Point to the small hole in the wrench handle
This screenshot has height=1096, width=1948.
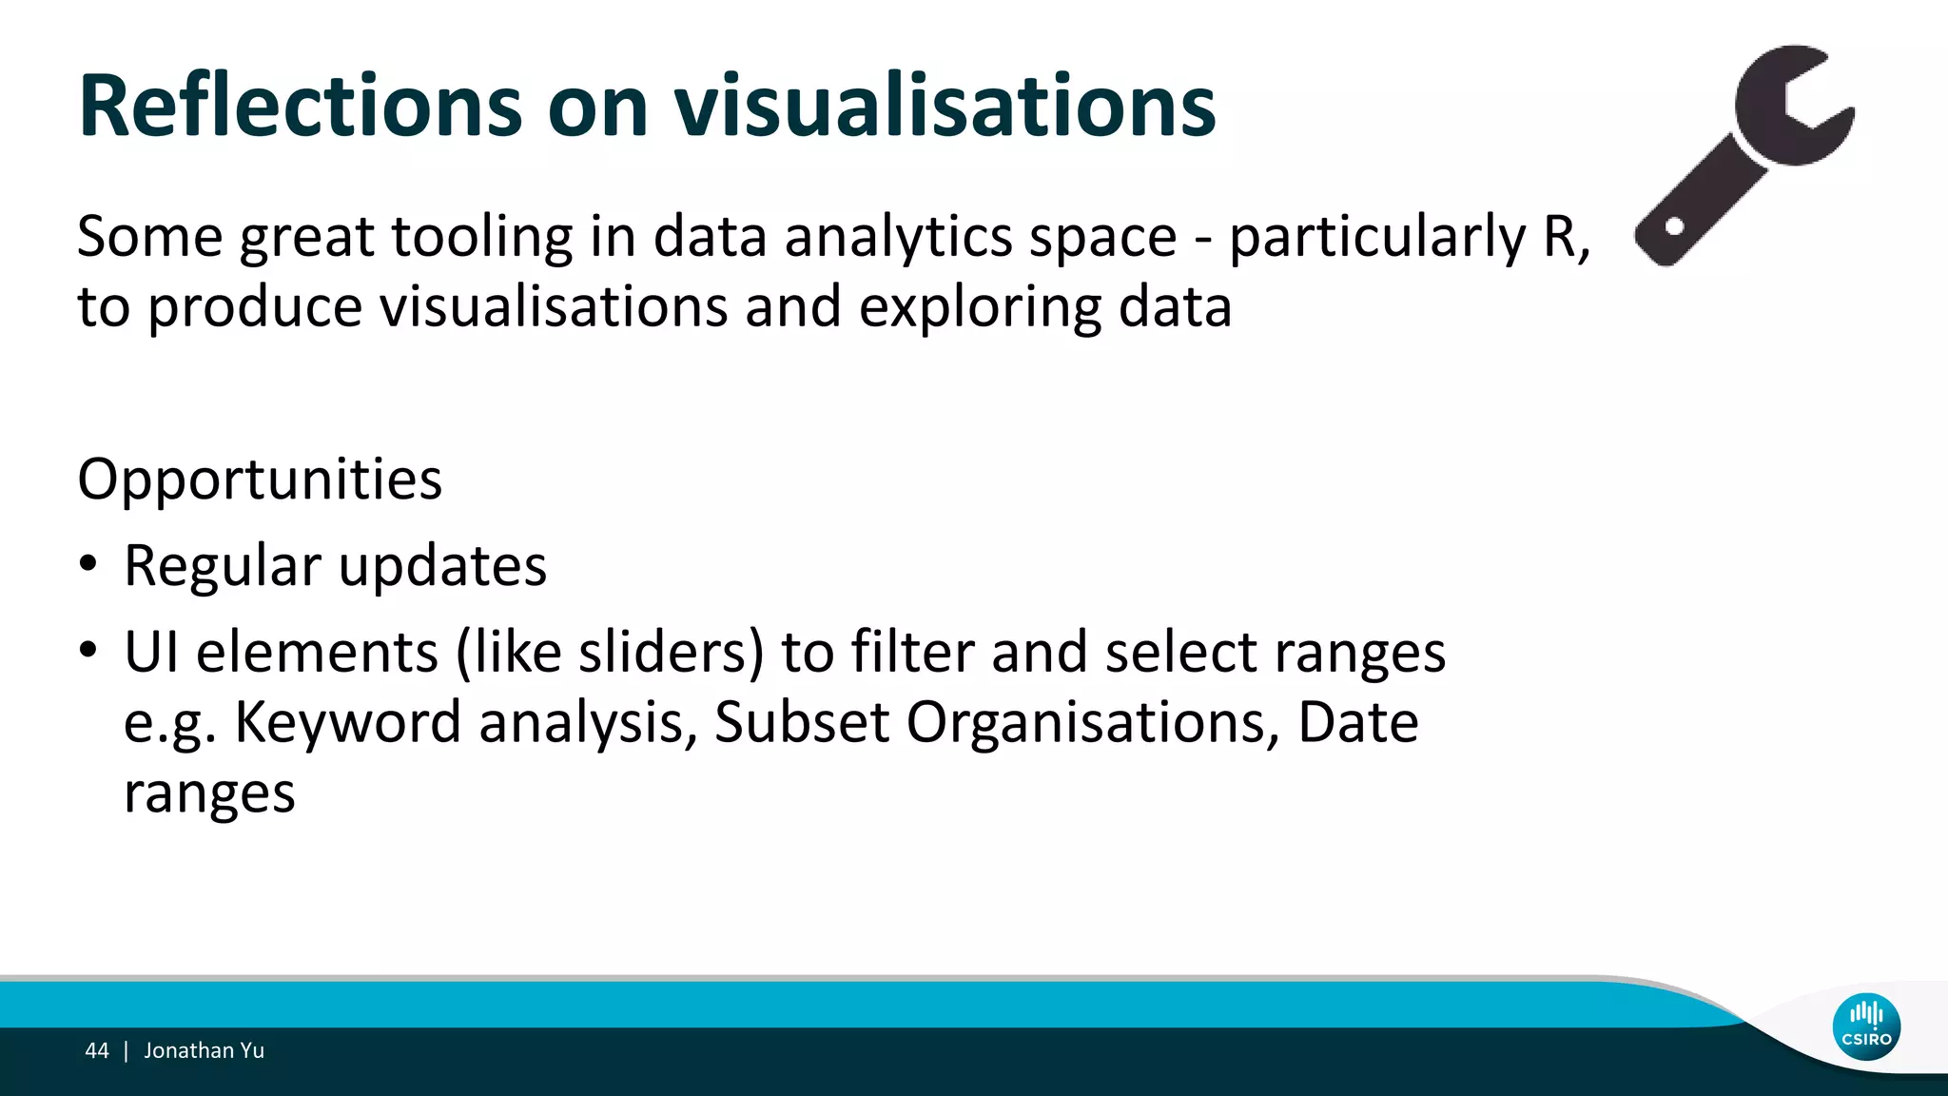tap(1675, 227)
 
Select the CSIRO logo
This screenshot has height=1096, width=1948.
tap(1866, 1027)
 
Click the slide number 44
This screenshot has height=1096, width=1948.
tap(97, 1050)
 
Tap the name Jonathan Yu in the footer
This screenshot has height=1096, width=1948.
tap(204, 1050)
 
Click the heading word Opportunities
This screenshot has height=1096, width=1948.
tap(260, 479)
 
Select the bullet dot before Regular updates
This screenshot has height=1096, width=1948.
tap(88, 564)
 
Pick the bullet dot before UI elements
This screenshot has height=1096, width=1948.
tap(88, 651)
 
